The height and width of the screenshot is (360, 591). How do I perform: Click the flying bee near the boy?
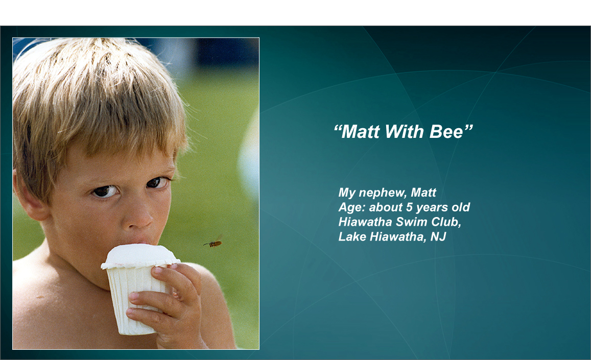[x=213, y=243]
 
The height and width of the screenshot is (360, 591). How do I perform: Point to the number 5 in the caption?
[x=409, y=207]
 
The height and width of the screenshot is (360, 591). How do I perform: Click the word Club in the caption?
[x=446, y=222]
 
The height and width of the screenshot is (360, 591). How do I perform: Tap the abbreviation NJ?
[x=438, y=236]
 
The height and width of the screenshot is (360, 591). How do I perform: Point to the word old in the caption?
[x=461, y=207]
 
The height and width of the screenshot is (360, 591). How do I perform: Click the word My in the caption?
[x=347, y=193]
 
